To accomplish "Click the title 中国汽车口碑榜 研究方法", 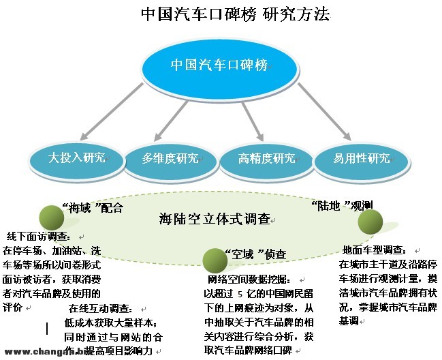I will click(x=222, y=14).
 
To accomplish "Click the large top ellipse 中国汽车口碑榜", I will click(x=220, y=65).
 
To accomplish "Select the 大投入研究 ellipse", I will click(x=77, y=158).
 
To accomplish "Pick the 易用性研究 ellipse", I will click(x=362, y=158).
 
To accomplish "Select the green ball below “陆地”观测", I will click(x=370, y=222).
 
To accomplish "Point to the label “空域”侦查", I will click(x=255, y=254).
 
